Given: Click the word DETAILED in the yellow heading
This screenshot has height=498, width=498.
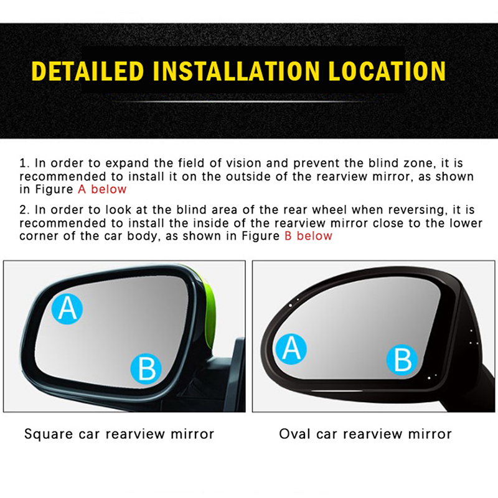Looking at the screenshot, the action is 88,70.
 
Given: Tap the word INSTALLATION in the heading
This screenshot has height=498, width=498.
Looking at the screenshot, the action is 237,70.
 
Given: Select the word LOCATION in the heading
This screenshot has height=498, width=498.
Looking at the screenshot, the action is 387,70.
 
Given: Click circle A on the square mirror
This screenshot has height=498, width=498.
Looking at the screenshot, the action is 67,309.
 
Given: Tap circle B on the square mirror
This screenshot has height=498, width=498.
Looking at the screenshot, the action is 146,369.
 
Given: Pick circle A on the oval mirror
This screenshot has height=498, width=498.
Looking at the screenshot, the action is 291,349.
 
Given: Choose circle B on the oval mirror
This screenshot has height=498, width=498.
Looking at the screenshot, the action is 402,360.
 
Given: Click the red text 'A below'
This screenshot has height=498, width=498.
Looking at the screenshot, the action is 102,189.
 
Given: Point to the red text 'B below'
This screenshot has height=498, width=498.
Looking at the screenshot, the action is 308,236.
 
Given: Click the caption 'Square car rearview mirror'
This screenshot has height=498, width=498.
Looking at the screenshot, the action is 120,434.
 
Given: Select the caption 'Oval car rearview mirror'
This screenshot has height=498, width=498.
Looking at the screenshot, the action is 365,434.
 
